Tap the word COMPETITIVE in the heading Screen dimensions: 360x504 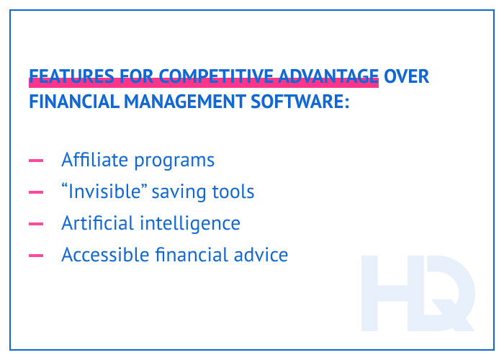(x=216, y=76)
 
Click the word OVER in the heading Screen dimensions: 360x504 (x=407, y=76)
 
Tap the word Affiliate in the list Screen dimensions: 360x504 (x=94, y=160)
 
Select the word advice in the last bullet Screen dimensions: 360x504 (x=263, y=255)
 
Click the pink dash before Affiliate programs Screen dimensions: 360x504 (x=36, y=161)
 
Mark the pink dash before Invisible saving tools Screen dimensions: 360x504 (x=36, y=192)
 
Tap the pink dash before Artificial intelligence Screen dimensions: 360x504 (x=36, y=224)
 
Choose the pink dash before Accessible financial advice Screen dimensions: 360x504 (x=36, y=256)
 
